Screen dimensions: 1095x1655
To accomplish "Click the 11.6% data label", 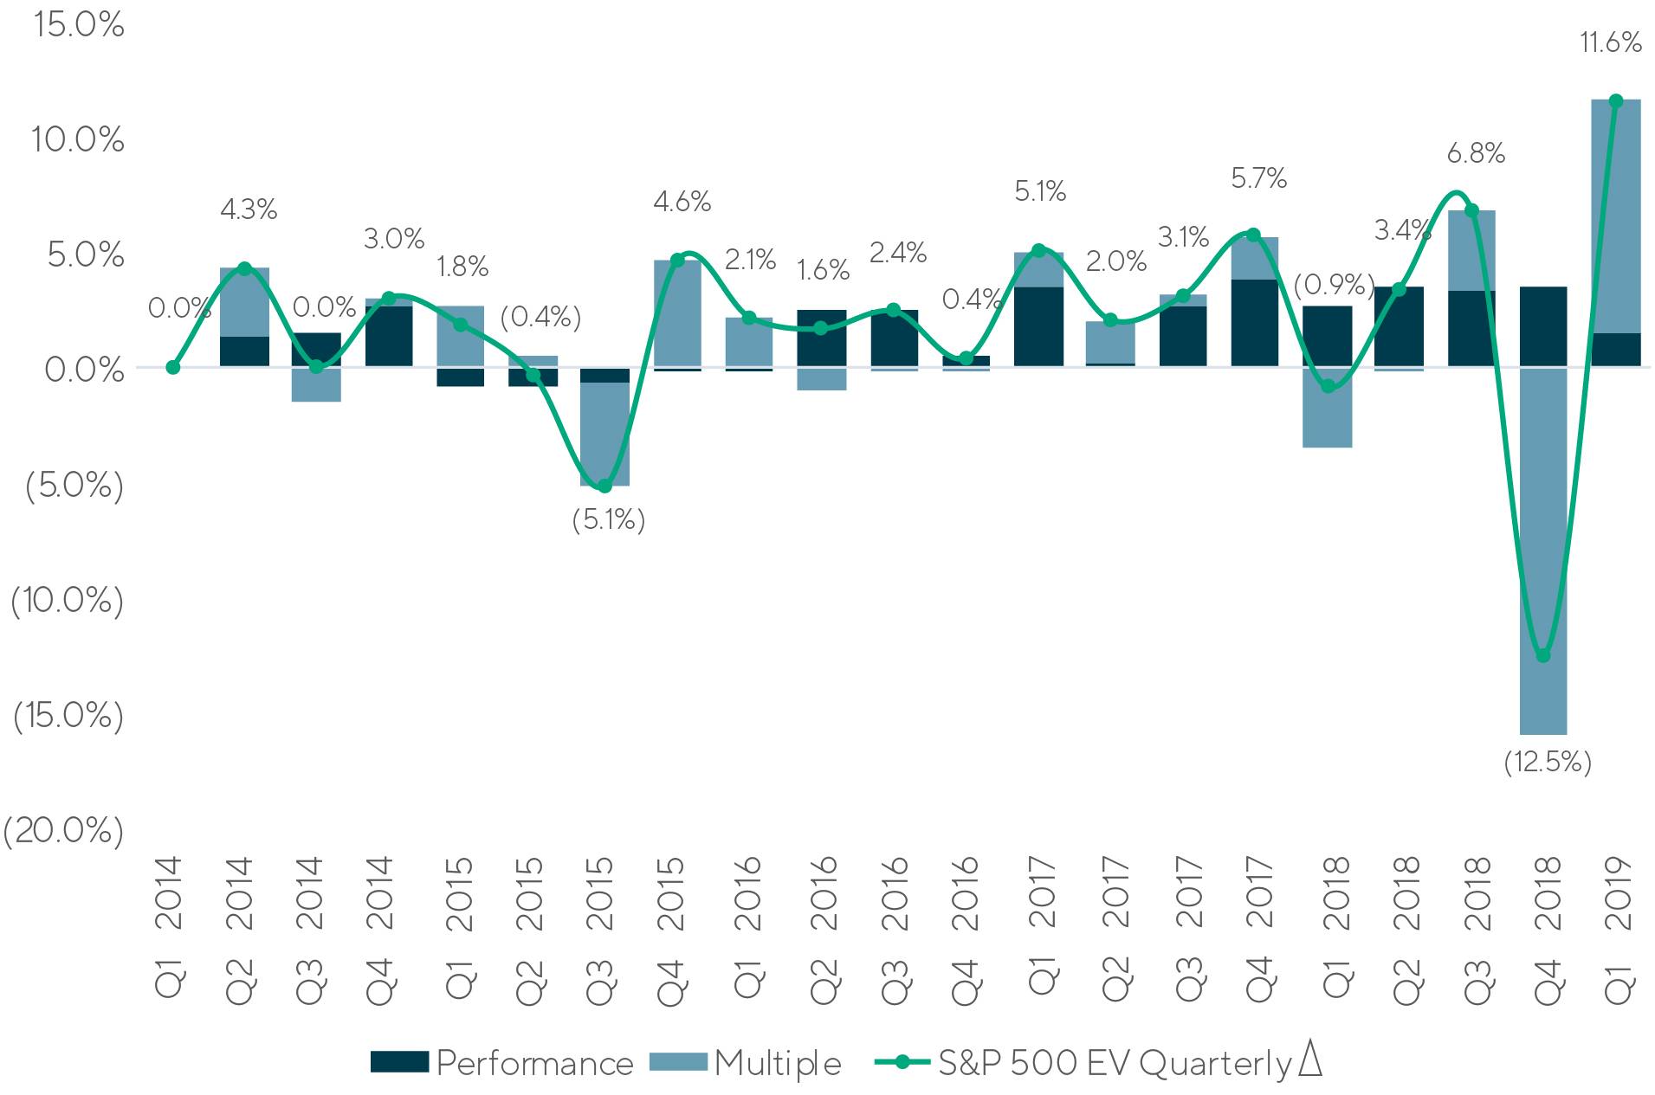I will point(1610,42).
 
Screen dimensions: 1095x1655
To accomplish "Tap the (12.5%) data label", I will point(1548,762).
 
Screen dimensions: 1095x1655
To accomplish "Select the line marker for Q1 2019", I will point(1615,101).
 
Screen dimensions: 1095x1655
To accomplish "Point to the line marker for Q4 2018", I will point(1543,656).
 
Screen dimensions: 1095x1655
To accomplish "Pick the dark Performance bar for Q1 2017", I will point(1038,326).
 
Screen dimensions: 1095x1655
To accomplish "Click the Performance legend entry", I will point(502,1063).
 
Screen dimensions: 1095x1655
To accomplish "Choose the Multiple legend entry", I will point(746,1063).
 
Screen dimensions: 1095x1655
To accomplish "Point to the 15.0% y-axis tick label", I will point(79,25).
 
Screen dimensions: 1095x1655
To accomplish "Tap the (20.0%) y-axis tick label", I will point(63,830).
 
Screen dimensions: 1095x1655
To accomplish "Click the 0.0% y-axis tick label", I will point(85,370).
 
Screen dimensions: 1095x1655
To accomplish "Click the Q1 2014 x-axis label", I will point(170,930).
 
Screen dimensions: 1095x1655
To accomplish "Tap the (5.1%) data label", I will point(609,519).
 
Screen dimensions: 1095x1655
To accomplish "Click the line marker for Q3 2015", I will point(604,486).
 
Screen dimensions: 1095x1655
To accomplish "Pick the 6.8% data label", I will point(1476,154).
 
